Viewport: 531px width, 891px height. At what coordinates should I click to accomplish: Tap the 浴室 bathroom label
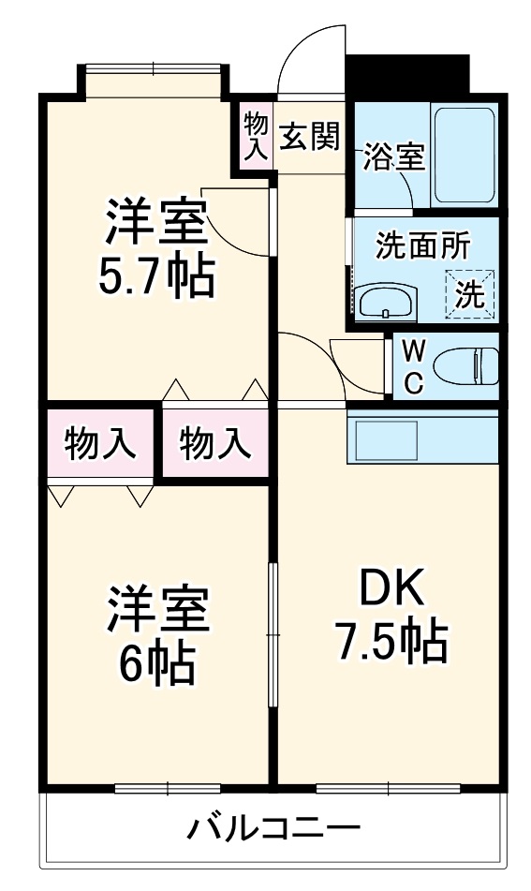tap(394, 156)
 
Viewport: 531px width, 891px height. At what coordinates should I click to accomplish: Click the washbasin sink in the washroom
tap(383, 302)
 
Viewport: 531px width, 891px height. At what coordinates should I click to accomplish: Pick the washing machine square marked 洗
tap(469, 294)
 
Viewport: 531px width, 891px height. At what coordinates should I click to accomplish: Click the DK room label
tap(392, 589)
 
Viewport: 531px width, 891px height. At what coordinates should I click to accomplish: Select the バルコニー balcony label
tap(273, 829)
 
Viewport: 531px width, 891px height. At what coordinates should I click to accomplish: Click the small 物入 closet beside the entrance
tap(256, 136)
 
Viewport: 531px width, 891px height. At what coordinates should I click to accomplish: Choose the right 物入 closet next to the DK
tap(215, 442)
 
